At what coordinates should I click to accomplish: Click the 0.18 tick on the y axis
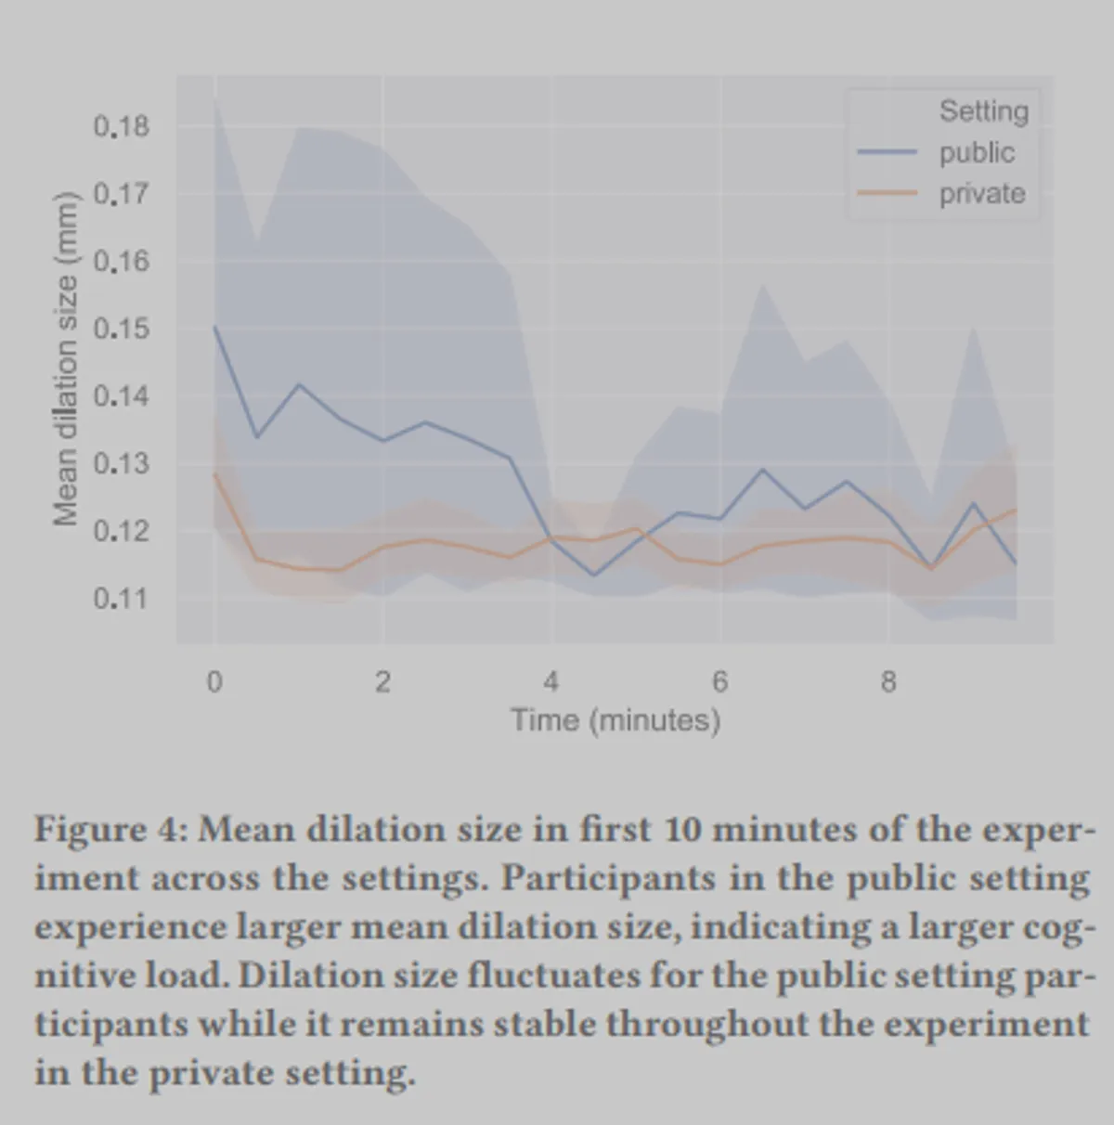pos(121,126)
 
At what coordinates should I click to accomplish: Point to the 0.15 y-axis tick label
pos(121,330)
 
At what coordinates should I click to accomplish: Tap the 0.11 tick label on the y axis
pos(121,599)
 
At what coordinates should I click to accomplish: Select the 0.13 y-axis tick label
pos(121,463)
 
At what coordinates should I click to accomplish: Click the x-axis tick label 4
pos(551,682)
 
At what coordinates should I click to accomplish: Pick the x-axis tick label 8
pos(888,682)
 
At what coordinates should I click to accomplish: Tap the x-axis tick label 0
pos(214,682)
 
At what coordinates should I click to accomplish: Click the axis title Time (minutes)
pos(615,720)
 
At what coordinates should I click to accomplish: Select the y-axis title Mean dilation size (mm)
pos(65,359)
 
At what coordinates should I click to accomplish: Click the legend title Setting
pos(984,111)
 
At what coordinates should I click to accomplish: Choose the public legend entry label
pos(977,152)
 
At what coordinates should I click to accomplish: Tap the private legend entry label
pos(982,194)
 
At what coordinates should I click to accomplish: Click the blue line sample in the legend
pos(887,152)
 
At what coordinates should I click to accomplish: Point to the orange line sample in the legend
pos(887,193)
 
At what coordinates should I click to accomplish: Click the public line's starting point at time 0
pos(215,326)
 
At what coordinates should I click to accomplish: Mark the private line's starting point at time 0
pos(215,473)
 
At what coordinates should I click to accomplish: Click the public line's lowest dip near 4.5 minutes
pos(594,575)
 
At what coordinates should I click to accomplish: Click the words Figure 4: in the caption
pos(112,829)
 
